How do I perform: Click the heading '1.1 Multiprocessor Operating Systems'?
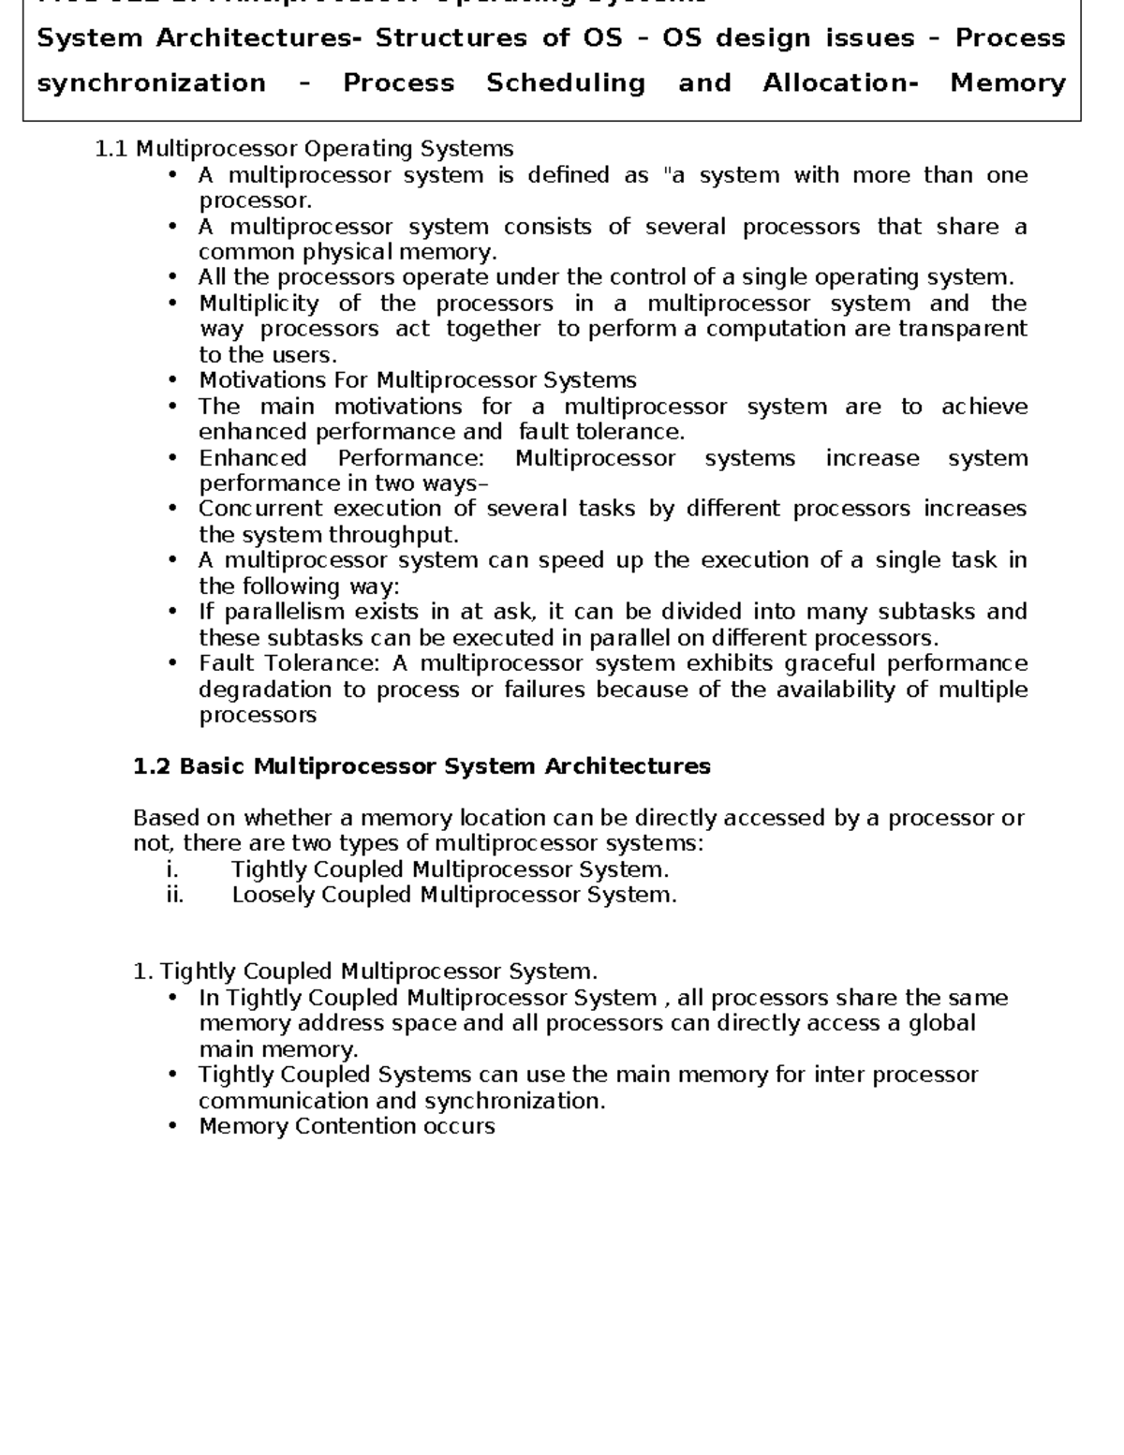[x=304, y=149]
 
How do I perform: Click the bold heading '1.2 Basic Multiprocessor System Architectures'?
[x=421, y=766]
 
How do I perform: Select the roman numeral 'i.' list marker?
[x=171, y=869]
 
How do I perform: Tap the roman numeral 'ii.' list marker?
[x=174, y=895]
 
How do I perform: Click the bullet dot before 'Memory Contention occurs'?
[x=171, y=1126]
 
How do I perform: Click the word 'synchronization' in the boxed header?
[x=151, y=83]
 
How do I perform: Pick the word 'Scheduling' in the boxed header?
[x=566, y=83]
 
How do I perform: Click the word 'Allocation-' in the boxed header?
[x=840, y=83]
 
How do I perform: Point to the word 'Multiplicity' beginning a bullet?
[x=259, y=304]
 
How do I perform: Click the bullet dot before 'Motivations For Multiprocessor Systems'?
[x=171, y=380]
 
